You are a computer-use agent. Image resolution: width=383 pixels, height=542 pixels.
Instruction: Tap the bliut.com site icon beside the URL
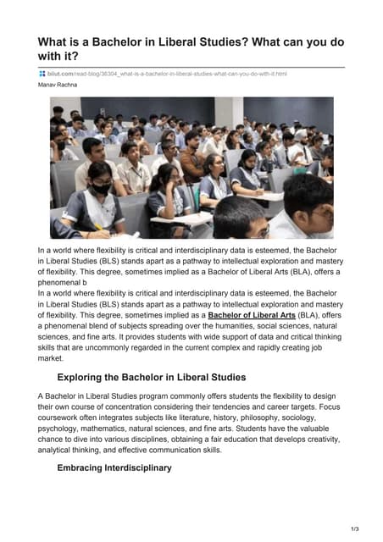click(42, 74)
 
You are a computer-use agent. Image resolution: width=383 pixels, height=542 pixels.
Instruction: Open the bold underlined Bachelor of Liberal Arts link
click(251, 314)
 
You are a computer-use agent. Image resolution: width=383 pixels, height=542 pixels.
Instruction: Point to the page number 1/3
click(353, 529)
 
